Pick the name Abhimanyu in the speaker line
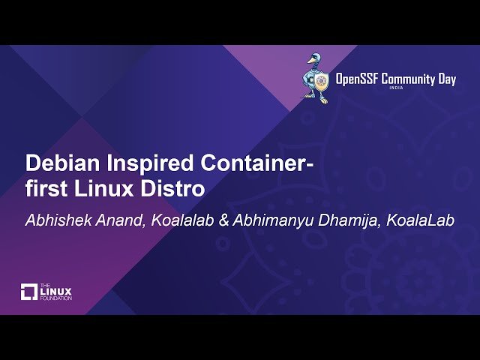pos(293,221)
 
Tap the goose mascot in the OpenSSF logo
pos(316,79)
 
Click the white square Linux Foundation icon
pos(29,292)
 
